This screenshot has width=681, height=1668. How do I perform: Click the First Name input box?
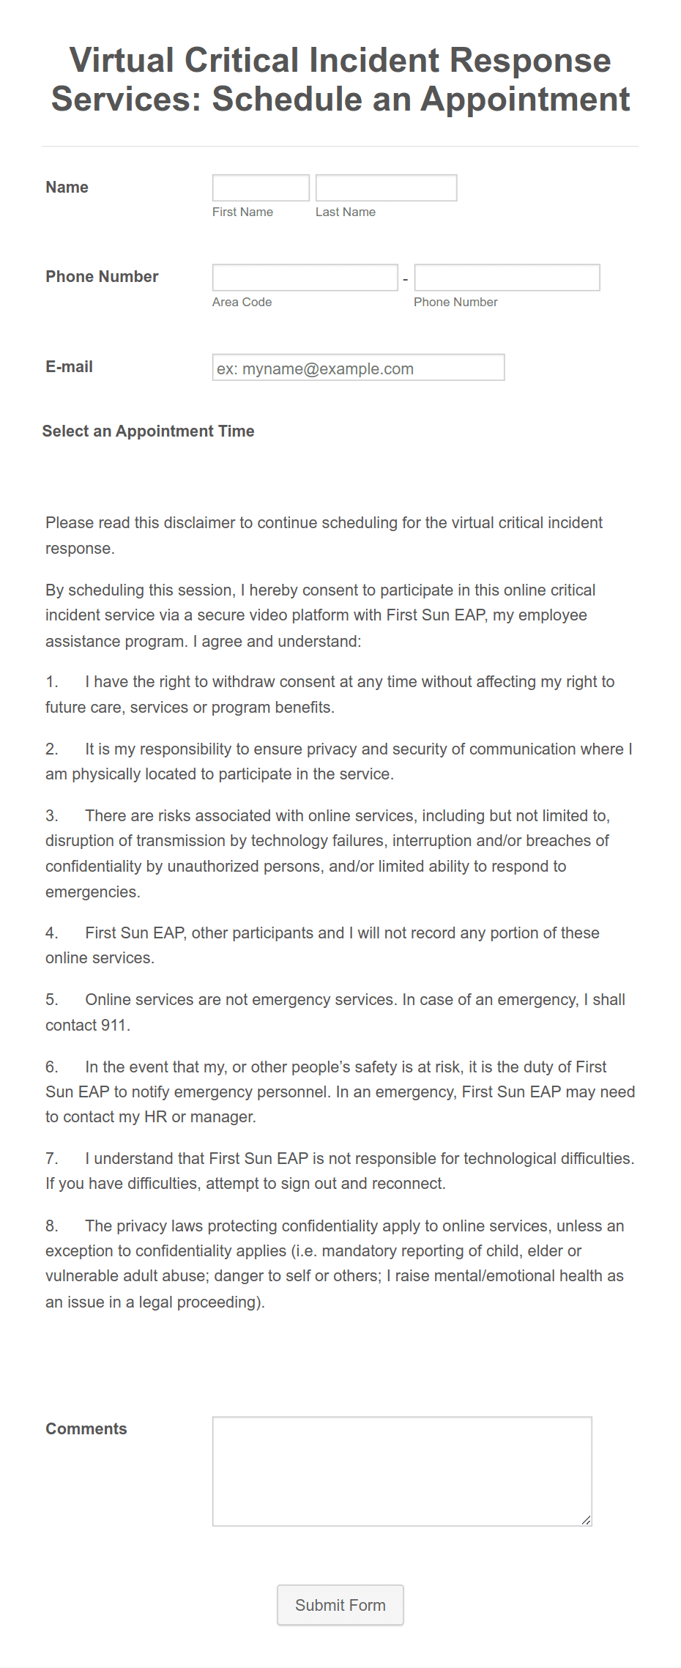coord(261,188)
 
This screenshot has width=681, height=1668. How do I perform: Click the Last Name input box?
coord(386,188)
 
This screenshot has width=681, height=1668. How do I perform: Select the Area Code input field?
coord(305,278)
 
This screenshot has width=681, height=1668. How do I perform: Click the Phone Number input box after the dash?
coord(507,278)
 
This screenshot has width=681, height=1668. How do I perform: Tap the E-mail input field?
coord(358,368)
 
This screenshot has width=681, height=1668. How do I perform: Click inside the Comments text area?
coord(401,1470)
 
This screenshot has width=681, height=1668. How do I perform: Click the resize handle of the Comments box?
coord(586,1520)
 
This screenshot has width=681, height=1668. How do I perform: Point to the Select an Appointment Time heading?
coord(148,431)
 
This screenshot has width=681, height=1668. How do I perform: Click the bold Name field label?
coord(67,188)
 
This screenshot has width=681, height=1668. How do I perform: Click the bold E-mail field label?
coord(69,367)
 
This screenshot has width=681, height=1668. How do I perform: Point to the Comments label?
coord(86,1428)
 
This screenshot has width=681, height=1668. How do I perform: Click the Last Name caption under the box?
coord(345,212)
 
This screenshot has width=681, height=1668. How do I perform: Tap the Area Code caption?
coord(242,302)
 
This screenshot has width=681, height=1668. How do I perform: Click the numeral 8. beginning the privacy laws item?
coord(51,1226)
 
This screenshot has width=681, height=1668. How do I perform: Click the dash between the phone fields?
coord(406,279)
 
